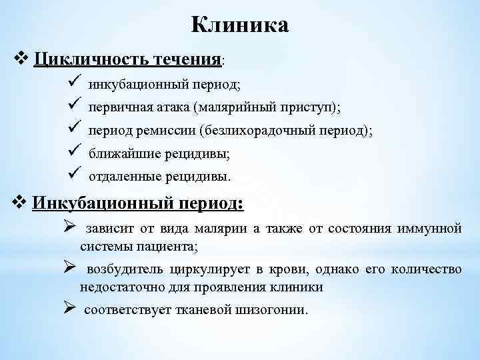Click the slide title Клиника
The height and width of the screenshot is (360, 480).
click(x=240, y=25)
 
